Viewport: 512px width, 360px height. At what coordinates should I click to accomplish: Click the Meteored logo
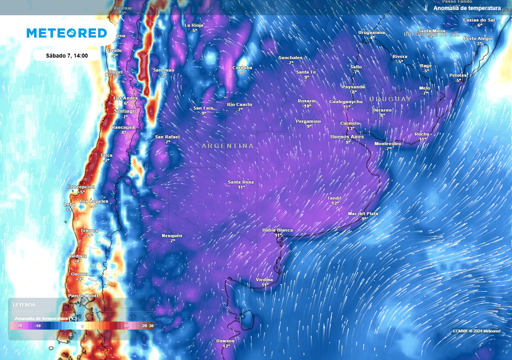66,33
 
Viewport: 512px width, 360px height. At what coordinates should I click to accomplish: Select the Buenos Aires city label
347,136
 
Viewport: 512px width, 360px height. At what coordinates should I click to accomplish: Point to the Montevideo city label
388,143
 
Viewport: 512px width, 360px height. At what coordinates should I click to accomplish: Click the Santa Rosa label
241,182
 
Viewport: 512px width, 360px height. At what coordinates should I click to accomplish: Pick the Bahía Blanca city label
277,230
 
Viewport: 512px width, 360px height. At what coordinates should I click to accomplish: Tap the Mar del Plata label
363,213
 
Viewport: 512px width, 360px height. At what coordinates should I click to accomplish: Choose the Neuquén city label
172,235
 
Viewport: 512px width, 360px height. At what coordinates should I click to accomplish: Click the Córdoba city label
242,67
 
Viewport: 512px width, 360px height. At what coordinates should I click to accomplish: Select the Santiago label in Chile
124,111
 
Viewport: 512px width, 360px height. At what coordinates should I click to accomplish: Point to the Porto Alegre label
478,38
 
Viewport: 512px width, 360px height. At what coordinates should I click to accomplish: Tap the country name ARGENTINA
227,146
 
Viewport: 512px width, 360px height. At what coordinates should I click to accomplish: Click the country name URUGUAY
390,99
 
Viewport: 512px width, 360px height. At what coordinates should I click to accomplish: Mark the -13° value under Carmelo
350,128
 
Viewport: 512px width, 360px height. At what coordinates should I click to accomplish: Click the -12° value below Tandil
334,203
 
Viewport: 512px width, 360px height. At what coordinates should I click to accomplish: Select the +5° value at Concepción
81,192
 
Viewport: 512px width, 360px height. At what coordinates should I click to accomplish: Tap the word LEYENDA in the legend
24,304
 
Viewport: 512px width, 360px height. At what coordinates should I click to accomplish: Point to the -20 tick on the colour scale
19,325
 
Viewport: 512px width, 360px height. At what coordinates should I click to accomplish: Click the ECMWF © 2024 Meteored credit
476,331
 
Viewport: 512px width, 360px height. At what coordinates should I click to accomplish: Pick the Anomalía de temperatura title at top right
466,8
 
